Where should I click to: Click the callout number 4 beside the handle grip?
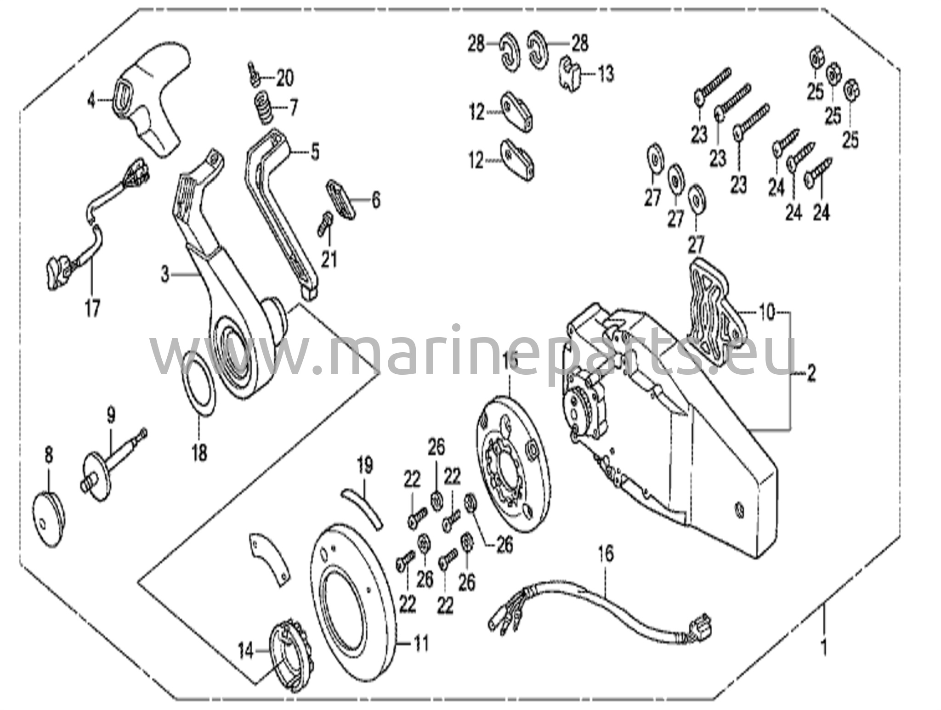coord(91,101)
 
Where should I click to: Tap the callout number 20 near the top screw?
coord(284,79)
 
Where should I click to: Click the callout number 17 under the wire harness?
coord(92,308)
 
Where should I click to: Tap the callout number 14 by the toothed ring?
coord(246,651)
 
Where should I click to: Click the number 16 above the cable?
coord(606,554)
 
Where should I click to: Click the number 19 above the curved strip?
coord(365,466)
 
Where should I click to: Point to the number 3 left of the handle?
coord(165,275)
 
